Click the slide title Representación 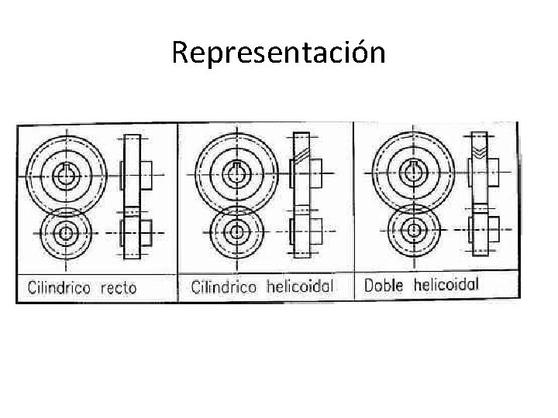pyautogui.click(x=278, y=53)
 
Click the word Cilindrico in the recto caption pyautogui.click(x=59, y=288)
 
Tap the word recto pyautogui.click(x=118, y=289)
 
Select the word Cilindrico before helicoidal pyautogui.click(x=224, y=287)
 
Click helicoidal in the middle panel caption pyautogui.click(x=300, y=286)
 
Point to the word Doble pyautogui.click(x=384, y=285)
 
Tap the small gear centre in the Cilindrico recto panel pyautogui.click(x=65, y=232)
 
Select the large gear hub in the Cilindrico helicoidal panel pyautogui.click(x=234, y=173)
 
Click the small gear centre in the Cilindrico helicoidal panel pyautogui.click(x=234, y=231)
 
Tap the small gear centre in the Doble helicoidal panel pyautogui.click(x=414, y=229)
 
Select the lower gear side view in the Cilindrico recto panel pyautogui.click(x=133, y=232)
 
